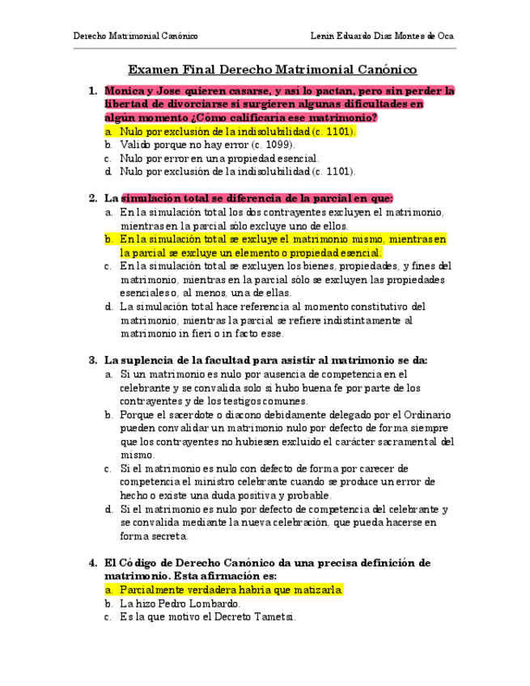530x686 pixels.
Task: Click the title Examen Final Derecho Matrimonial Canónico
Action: coord(273,70)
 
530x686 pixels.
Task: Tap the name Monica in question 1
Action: coord(124,91)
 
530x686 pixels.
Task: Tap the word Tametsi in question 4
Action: coord(273,617)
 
